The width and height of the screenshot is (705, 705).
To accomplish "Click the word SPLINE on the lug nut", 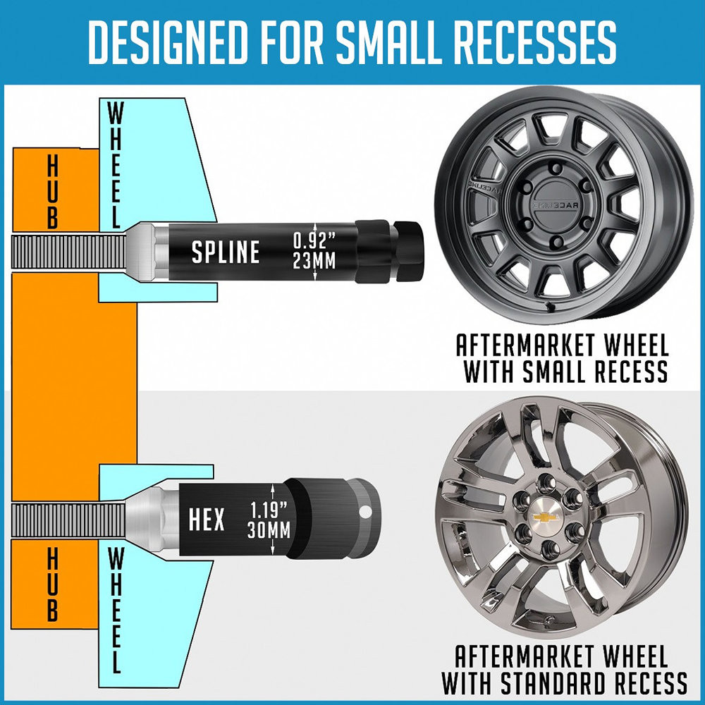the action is [226, 252].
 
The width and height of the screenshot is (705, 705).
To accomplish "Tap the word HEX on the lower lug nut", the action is [207, 520].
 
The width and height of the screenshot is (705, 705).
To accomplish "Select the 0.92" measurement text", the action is [314, 241].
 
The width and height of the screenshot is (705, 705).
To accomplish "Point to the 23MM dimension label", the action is [314, 261].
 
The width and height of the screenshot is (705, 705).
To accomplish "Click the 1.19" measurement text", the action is [269, 510].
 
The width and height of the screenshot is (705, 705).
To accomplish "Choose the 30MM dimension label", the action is [269, 530].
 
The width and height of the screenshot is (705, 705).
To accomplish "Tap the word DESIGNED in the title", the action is [168, 42].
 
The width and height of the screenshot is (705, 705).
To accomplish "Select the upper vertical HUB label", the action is [53, 192].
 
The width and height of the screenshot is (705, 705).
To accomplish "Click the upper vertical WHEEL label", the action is [115, 165].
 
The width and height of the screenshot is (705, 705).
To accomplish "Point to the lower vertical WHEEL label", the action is [115, 610].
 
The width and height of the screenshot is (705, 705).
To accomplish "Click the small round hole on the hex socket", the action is [365, 512].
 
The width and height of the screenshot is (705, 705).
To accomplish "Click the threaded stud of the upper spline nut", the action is [68, 252].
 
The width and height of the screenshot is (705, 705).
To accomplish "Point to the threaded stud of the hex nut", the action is [68, 520].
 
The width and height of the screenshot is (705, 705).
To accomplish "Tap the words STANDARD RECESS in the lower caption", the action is [594, 683].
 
